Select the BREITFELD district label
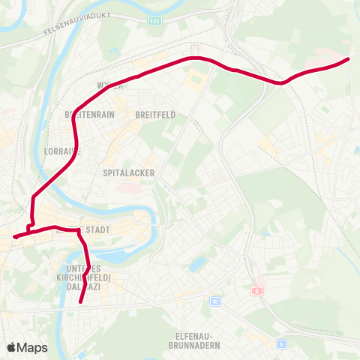[x=155, y=115]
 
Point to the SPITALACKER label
[x=129, y=172]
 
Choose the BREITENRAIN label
[x=89, y=115]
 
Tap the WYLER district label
[x=109, y=85]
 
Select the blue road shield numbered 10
[x=216, y=301]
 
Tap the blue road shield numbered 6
[x=281, y=343]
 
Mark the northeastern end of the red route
[x=348, y=59]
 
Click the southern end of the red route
[x=80, y=303]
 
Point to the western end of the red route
[x=14, y=238]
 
